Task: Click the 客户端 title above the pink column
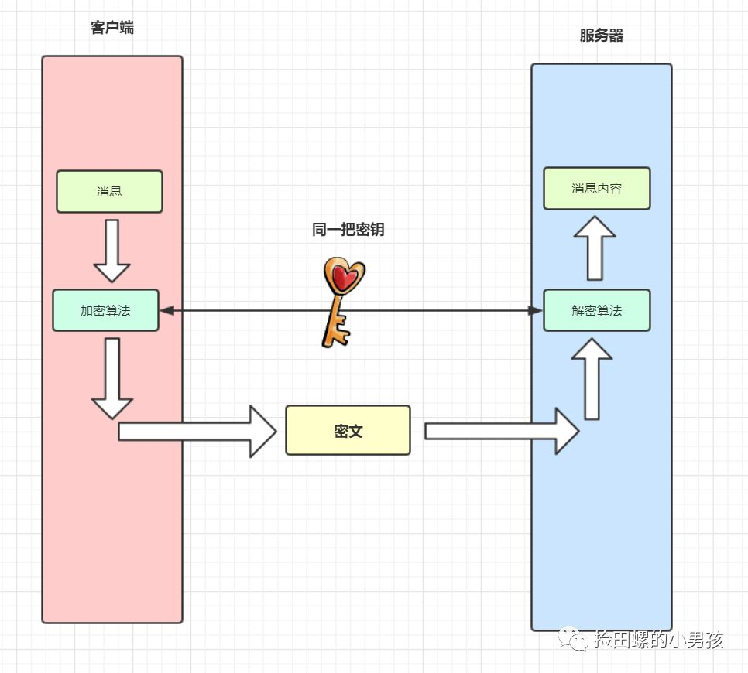coord(112,28)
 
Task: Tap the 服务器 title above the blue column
coord(602,36)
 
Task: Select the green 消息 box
coord(109,191)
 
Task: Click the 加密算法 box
coord(105,310)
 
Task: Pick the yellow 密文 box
coord(348,430)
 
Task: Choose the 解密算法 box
coord(596,310)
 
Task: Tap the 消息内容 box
coord(596,188)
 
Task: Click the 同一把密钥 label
coord(348,229)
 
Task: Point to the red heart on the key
coord(343,277)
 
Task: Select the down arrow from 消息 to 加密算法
coord(112,251)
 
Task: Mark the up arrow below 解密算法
coord(592,379)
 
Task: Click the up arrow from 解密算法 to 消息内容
coord(595,248)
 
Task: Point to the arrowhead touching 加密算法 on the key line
coord(166,310)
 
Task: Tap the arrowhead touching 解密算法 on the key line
coord(535,310)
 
